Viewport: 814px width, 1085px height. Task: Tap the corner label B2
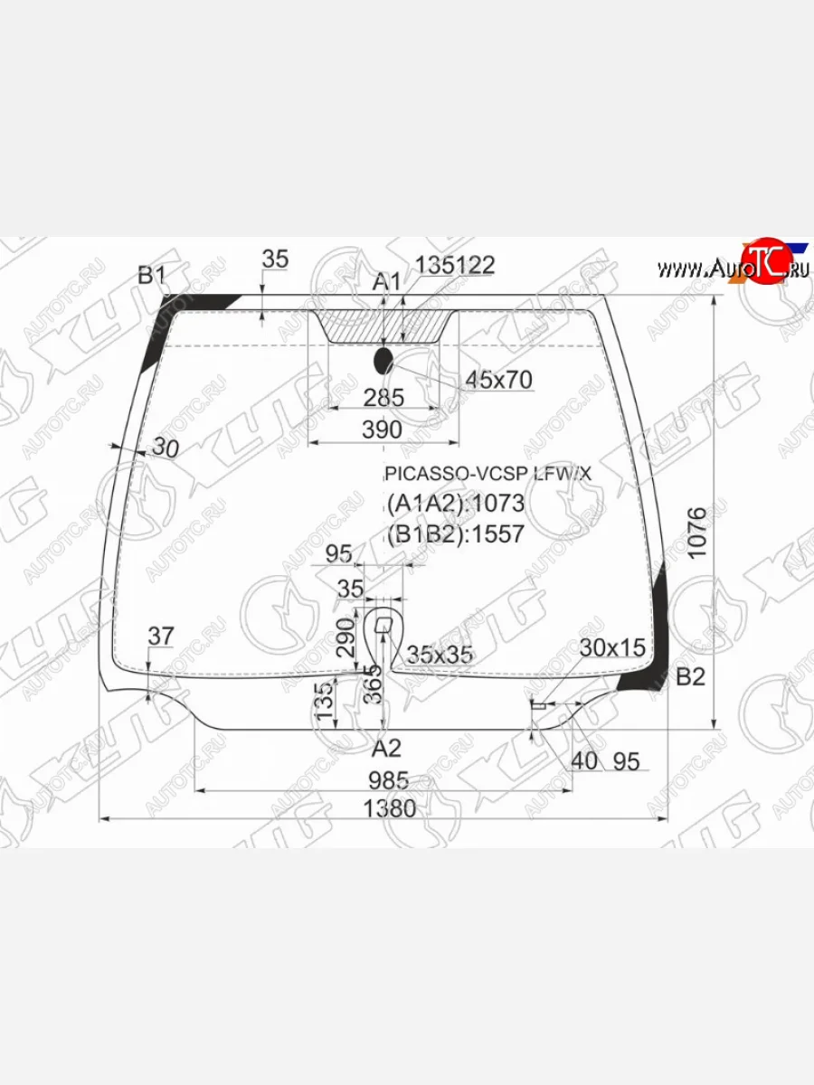pyautogui.click(x=690, y=676)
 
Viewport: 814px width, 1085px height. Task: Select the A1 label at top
pyautogui.click(x=387, y=282)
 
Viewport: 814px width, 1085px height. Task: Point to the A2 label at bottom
pyautogui.click(x=386, y=748)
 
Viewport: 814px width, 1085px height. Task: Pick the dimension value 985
pyautogui.click(x=389, y=779)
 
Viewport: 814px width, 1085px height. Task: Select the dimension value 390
pyautogui.click(x=382, y=430)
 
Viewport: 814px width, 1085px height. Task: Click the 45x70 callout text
pyautogui.click(x=498, y=380)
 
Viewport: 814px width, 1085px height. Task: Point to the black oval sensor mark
pyautogui.click(x=383, y=360)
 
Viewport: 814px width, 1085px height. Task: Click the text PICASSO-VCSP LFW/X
pyautogui.click(x=488, y=473)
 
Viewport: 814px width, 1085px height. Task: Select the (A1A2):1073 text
pyautogui.click(x=455, y=503)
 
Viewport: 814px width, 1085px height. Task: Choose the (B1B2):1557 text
pyautogui.click(x=455, y=533)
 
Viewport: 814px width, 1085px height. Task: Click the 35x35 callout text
pyautogui.click(x=440, y=655)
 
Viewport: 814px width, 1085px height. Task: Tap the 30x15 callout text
pyautogui.click(x=612, y=647)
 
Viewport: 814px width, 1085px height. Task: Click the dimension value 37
pyautogui.click(x=160, y=637)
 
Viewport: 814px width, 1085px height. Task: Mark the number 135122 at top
pyautogui.click(x=455, y=265)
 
